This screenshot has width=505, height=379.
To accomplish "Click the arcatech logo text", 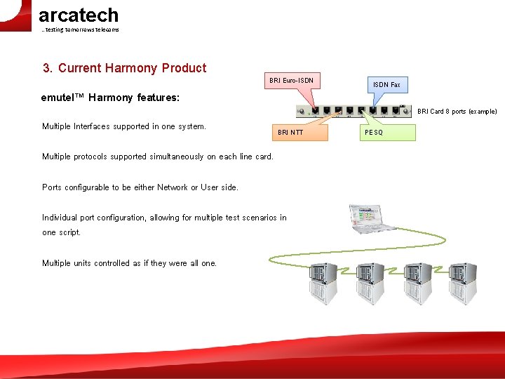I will tap(78, 15).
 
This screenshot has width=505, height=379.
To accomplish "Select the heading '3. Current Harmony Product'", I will tap(124, 68).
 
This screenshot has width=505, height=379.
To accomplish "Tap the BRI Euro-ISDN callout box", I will tap(291, 81).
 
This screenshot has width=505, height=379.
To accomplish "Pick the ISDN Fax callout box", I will tap(386, 85).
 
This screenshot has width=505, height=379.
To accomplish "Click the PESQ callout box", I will tap(388, 132).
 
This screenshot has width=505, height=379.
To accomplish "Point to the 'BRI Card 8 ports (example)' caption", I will tap(457, 111).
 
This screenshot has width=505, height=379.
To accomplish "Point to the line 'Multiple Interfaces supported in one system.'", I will tap(124, 126).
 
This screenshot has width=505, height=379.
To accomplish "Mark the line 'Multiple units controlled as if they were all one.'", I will tap(130, 263).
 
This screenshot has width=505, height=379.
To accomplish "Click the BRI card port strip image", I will tap(354, 109).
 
